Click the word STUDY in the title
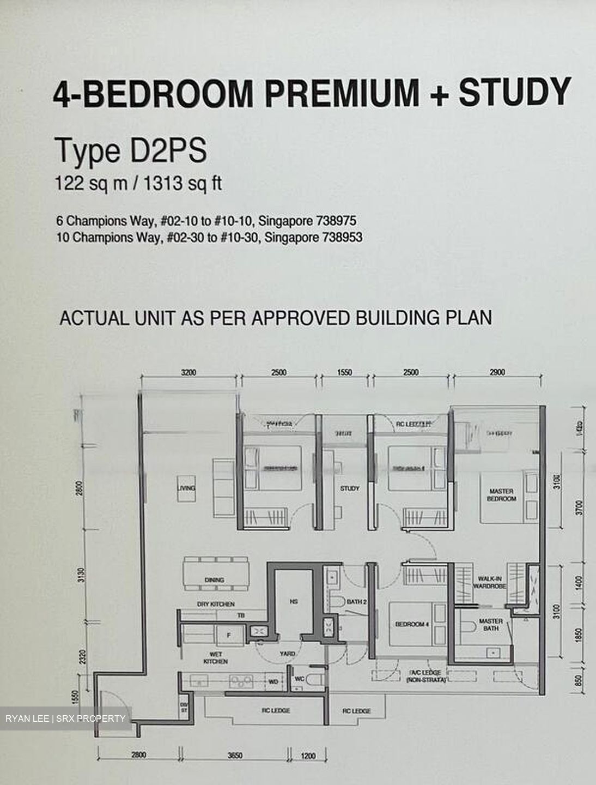click(x=514, y=92)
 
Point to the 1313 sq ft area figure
click(x=183, y=184)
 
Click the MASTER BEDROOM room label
click(x=501, y=494)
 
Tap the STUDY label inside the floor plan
click(x=350, y=488)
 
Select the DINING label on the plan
click(x=215, y=580)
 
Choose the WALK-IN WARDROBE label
click(x=492, y=582)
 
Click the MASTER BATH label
click(x=491, y=625)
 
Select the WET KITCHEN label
click(x=216, y=657)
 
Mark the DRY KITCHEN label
click(x=216, y=604)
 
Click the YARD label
click(x=287, y=653)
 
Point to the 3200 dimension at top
click(x=188, y=372)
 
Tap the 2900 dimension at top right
click(x=497, y=372)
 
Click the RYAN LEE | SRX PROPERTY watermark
click(x=65, y=718)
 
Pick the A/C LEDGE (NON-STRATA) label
click(x=425, y=676)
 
